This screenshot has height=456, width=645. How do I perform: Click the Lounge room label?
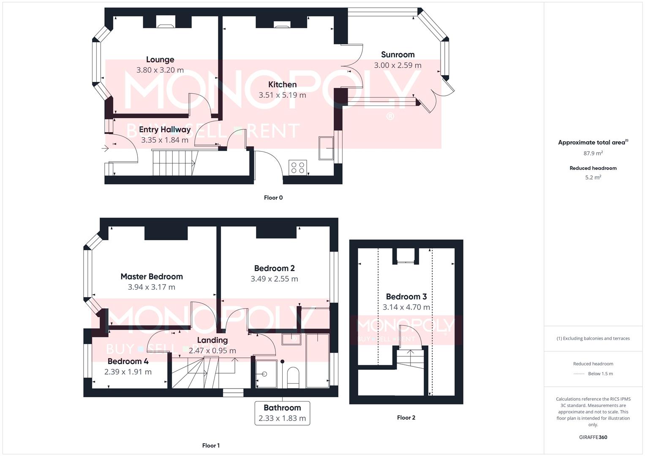(160, 60)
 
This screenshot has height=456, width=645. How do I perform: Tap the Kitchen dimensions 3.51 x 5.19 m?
(282, 95)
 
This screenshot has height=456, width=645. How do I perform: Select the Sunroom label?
(397, 54)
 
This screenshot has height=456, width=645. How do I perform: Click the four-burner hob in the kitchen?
(298, 167)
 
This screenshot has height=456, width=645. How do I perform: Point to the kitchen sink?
(326, 148)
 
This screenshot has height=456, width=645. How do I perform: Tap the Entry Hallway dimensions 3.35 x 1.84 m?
(165, 140)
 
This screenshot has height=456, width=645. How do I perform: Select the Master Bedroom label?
(152, 277)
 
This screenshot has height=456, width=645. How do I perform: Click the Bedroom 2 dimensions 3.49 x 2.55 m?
(274, 279)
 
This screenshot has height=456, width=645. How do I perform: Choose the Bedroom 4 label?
(128, 361)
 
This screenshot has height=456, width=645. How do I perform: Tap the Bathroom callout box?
(282, 413)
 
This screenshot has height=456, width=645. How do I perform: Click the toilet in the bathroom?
(293, 377)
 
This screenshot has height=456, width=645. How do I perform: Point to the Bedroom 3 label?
(406, 296)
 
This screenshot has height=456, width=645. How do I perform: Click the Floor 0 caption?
(273, 198)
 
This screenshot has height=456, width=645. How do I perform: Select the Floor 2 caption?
(406, 418)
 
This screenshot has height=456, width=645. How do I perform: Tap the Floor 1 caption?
(211, 445)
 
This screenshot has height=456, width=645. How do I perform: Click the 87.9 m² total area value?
(593, 153)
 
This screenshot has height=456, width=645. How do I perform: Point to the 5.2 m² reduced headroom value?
(593, 177)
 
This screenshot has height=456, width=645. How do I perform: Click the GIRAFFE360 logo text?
(593, 437)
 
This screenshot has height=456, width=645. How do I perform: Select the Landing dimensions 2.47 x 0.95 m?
(212, 350)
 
